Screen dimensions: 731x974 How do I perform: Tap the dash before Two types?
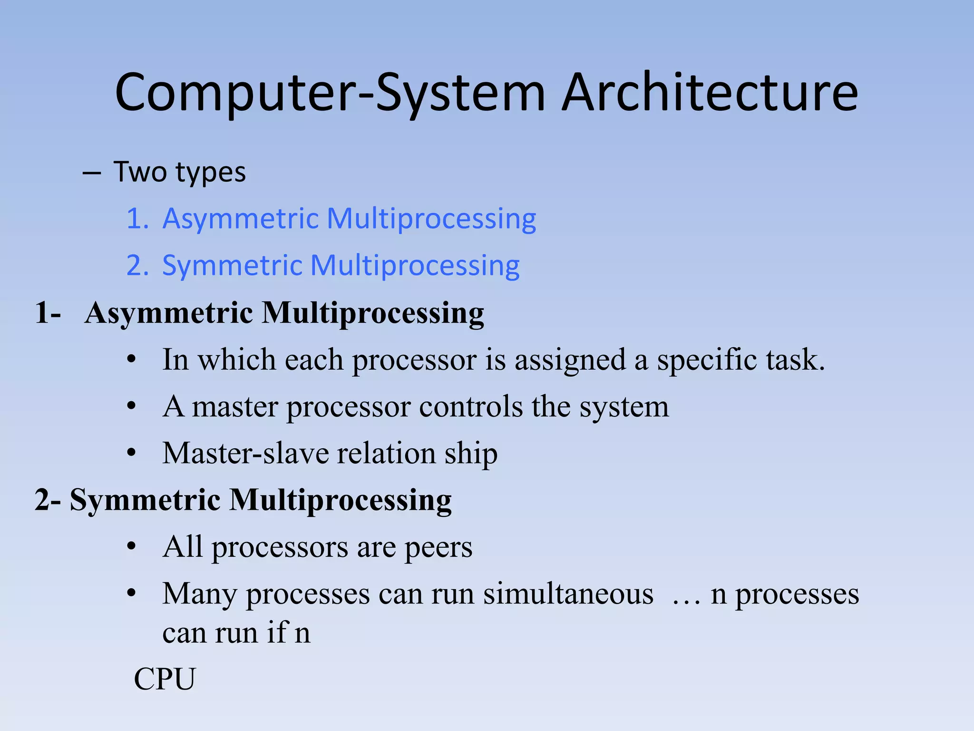click(x=91, y=173)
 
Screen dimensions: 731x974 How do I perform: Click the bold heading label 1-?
click(x=48, y=313)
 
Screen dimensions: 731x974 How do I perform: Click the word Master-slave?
click(x=245, y=453)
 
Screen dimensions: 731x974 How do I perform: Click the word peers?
click(x=438, y=547)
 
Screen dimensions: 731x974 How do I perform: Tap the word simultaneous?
click(x=568, y=594)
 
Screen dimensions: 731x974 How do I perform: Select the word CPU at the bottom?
click(x=165, y=679)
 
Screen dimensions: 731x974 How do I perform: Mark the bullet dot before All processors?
click(x=132, y=547)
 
